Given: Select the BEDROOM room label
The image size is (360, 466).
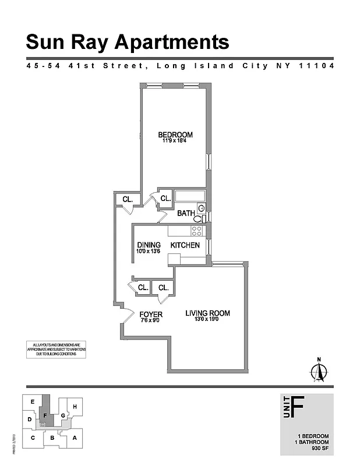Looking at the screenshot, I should click(175, 135).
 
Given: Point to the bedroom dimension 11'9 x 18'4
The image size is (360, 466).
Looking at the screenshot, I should click(175, 142).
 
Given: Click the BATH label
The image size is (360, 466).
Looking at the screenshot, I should click(185, 214).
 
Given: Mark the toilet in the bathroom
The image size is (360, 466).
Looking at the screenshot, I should click(198, 218).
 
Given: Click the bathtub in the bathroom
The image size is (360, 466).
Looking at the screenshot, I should click(188, 196).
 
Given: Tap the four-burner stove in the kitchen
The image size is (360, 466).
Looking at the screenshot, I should click(197, 231).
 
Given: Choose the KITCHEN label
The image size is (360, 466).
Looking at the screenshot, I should click(185, 245).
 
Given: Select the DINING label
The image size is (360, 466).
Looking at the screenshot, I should click(149, 245).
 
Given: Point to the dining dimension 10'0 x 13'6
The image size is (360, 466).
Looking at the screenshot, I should click(149, 252).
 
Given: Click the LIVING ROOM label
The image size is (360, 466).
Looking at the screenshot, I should click(207, 313).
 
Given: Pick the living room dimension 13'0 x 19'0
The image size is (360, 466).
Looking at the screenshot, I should click(207, 320).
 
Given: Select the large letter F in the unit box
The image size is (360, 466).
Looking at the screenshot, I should click(297, 408).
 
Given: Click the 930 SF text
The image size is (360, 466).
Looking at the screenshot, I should click(320, 449).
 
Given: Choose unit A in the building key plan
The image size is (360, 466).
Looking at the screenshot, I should click(75, 438).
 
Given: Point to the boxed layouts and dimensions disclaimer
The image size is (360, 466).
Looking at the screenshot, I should click(55, 349).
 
